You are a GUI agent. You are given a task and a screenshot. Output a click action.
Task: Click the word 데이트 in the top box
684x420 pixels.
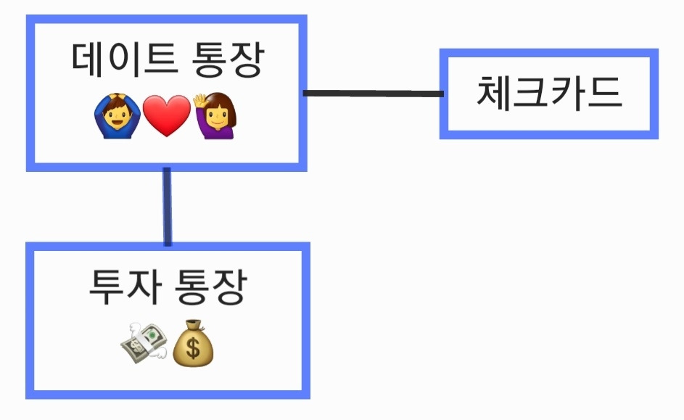pyautogui.click(x=125, y=61)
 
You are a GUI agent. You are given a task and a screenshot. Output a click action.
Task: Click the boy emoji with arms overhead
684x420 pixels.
pyautogui.click(x=118, y=117)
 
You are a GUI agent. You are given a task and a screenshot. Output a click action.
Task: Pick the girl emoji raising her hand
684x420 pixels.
pyautogui.click(x=215, y=117)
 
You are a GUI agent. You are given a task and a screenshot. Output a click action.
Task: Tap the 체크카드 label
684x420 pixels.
pyautogui.click(x=549, y=93)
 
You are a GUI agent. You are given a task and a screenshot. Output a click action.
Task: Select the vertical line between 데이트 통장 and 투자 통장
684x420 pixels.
pyautogui.click(x=168, y=207)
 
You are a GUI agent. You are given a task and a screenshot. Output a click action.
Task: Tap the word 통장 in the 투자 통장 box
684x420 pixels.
pyautogui.click(x=212, y=287)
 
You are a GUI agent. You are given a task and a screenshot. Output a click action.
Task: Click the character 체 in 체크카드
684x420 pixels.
pyautogui.click(x=494, y=93)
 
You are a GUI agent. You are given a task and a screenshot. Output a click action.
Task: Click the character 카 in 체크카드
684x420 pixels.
pyautogui.click(x=568, y=93)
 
